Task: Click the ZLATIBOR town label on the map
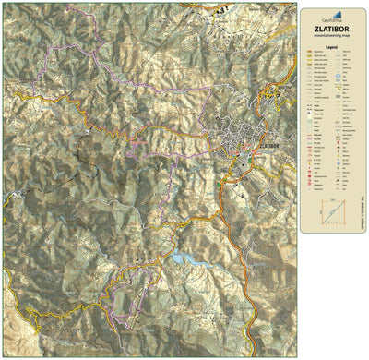(x=269, y=145)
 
